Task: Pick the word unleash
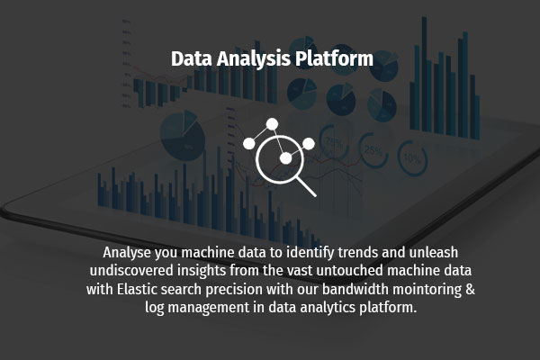click(436, 251)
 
